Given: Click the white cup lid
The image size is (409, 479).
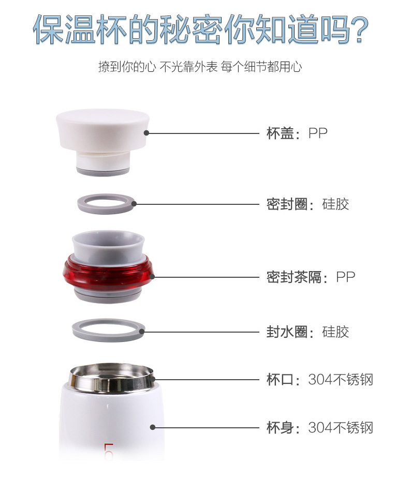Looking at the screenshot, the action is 103,131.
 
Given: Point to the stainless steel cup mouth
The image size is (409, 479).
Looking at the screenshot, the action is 111,378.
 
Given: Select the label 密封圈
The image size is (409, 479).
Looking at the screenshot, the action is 287,204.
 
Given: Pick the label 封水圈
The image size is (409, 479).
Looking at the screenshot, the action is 287,332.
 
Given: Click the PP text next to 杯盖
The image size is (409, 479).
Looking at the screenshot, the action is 318,133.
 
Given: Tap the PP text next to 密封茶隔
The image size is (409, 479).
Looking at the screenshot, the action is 346,277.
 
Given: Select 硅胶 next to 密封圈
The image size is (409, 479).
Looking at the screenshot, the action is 335,204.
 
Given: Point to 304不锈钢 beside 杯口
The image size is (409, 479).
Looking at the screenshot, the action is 341,380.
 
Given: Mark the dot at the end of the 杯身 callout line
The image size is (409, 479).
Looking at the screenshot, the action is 153,427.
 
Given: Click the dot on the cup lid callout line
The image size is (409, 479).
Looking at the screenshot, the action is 147,133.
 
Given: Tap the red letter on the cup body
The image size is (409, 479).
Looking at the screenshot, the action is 109,452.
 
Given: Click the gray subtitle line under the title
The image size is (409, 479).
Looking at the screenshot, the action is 200,66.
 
